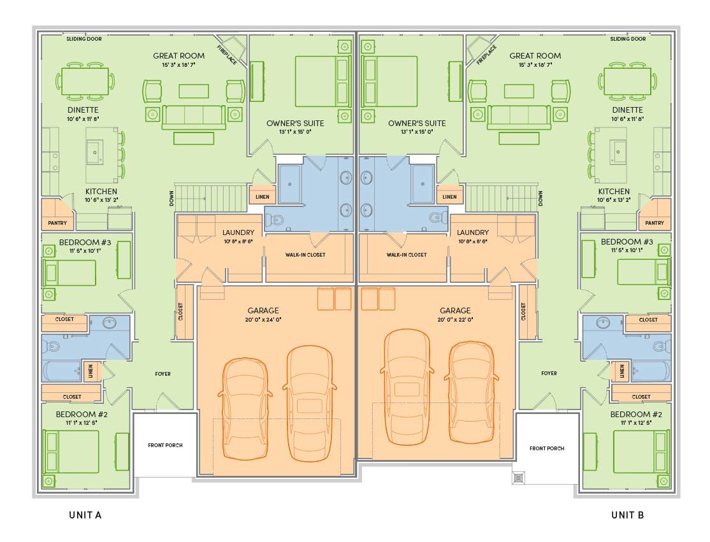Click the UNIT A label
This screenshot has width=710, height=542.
85,515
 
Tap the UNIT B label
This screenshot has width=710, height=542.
628,515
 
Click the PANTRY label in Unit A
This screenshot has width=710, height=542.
57,223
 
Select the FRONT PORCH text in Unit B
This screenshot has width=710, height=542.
547,448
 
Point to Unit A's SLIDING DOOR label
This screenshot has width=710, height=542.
84,39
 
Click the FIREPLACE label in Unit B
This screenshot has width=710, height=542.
486,55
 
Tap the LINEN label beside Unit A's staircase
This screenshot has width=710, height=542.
262,197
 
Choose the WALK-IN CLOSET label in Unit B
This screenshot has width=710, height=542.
407,255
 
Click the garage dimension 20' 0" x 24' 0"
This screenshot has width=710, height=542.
263,320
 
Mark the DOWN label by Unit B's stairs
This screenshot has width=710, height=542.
540,198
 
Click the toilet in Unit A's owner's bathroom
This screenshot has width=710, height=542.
275,220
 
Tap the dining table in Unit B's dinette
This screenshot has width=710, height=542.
627,82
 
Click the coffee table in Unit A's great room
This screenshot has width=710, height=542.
194,91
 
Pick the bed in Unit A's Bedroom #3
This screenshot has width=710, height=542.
69,273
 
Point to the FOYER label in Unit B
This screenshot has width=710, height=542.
549,373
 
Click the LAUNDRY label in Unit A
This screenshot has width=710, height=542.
238,232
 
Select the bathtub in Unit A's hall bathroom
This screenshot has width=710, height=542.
62,371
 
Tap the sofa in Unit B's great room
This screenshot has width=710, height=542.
519,117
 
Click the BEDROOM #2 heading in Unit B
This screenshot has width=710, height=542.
635,415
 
